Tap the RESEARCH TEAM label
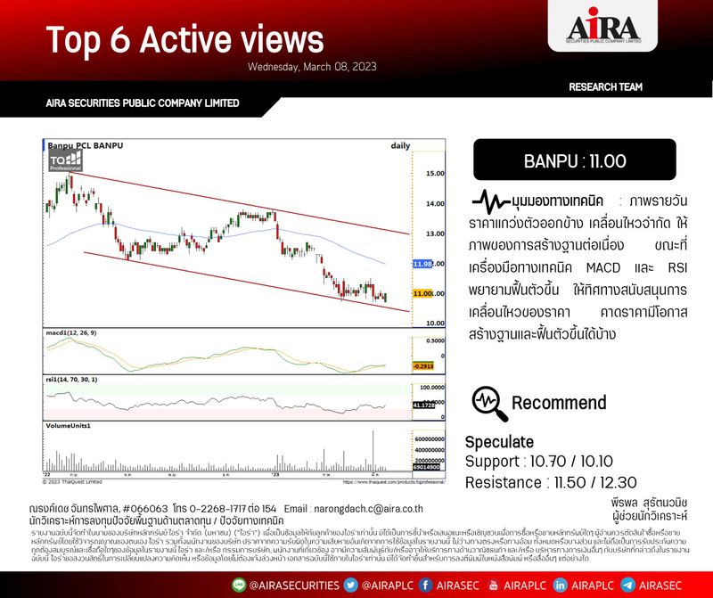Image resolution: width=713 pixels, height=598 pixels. click(x=605, y=86)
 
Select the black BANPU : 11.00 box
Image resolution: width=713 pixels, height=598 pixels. click(x=574, y=160)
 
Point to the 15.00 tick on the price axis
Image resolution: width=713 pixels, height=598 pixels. click(x=435, y=173)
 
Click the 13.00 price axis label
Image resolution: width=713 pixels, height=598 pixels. click(x=435, y=233)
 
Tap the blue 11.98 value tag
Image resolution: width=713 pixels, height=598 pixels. click(x=422, y=265)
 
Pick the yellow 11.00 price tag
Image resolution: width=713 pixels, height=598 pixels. click(x=423, y=293)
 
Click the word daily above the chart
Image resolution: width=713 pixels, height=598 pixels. click(x=400, y=144)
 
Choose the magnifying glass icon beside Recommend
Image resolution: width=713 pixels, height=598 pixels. click(x=489, y=403)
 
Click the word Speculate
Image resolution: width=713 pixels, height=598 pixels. click(x=499, y=442)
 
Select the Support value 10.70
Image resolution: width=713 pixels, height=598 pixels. click(x=551, y=463)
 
